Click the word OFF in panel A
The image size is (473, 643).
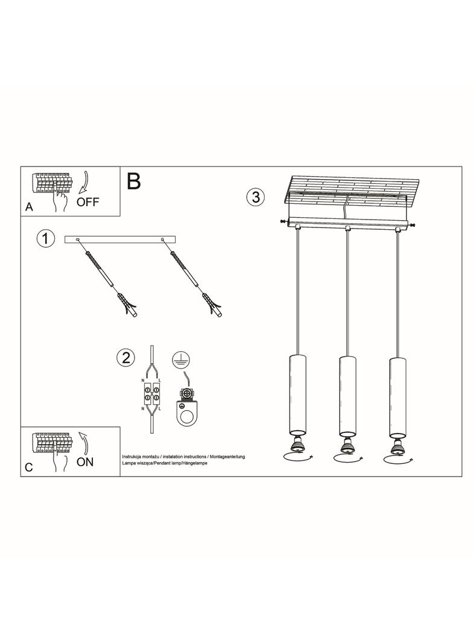click(88, 201)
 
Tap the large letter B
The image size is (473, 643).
click(133, 181)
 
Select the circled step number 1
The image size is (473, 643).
click(44, 239)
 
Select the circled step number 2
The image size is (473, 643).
click(125, 358)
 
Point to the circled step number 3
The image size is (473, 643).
click(255, 197)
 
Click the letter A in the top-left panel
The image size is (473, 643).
click(28, 207)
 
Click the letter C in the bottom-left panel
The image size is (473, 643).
click(28, 467)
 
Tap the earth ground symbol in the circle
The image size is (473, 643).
click(179, 360)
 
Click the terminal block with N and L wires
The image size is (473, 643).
click(151, 395)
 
